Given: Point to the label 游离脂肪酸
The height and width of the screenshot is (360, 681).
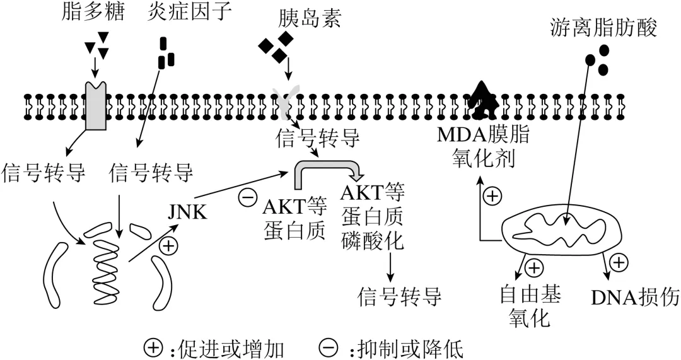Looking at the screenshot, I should pyautogui.click(x=603, y=28).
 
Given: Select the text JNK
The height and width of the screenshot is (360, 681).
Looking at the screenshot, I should pyautogui.click(x=187, y=211).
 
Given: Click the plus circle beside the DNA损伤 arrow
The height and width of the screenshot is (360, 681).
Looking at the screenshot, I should pyautogui.click(x=619, y=262).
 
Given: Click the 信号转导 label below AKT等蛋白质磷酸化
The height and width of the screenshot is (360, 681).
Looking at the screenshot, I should pyautogui.click(x=399, y=296).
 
